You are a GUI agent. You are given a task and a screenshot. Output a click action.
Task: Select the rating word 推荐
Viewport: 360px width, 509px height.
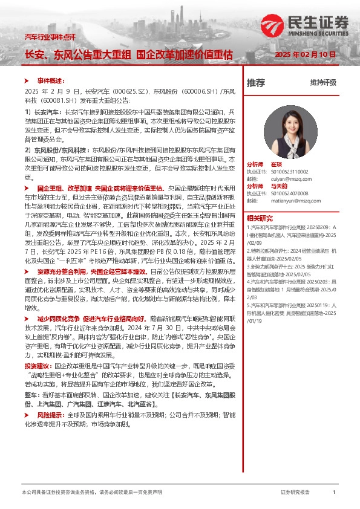pyautogui.click(x=256, y=83)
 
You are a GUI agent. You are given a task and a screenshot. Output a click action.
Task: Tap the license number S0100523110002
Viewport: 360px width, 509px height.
pyautogui.click(x=287, y=171)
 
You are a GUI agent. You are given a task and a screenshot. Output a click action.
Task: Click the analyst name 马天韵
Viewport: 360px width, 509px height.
pyautogui.click(x=278, y=186)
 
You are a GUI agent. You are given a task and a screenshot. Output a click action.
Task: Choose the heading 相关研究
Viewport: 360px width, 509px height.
pyautogui.click(x=258, y=218)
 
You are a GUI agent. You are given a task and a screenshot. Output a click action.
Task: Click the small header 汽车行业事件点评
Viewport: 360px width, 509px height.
pyautogui.click(x=50, y=37)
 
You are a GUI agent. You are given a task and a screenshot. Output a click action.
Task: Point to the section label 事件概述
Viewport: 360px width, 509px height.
pyautogui.click(x=50, y=79)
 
